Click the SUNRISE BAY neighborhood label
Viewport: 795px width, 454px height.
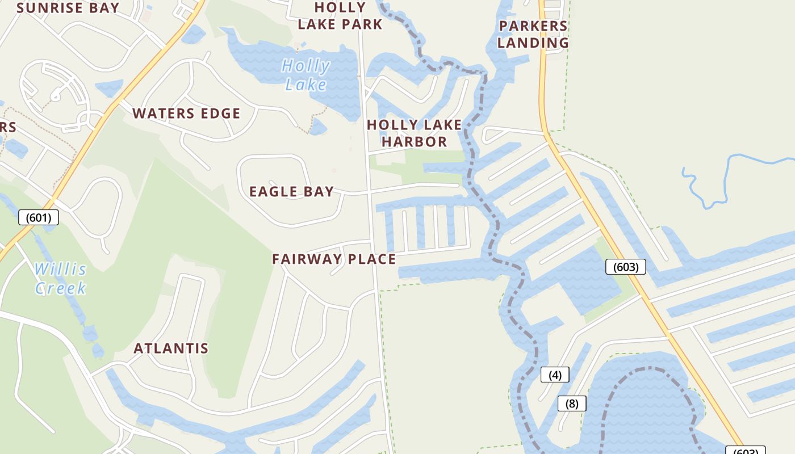(x=68, y=8)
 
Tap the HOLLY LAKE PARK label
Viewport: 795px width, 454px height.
(x=340, y=16)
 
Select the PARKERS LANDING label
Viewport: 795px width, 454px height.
(x=533, y=34)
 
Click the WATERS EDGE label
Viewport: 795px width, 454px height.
(x=186, y=113)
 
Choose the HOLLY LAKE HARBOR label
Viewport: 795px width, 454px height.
(x=415, y=133)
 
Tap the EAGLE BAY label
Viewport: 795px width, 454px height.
(x=291, y=192)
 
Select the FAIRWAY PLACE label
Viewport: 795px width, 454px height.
(x=334, y=259)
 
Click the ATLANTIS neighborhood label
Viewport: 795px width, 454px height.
(x=171, y=348)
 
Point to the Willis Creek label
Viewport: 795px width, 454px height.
(x=60, y=278)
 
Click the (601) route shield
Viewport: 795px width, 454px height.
(x=39, y=217)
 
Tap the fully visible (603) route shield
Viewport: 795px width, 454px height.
(x=626, y=267)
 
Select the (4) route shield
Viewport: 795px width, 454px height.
(x=555, y=375)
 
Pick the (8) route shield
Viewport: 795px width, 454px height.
(x=572, y=403)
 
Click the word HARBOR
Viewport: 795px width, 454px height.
(x=415, y=141)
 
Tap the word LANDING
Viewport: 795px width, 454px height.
(x=533, y=43)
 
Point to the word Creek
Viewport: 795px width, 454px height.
(x=60, y=288)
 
